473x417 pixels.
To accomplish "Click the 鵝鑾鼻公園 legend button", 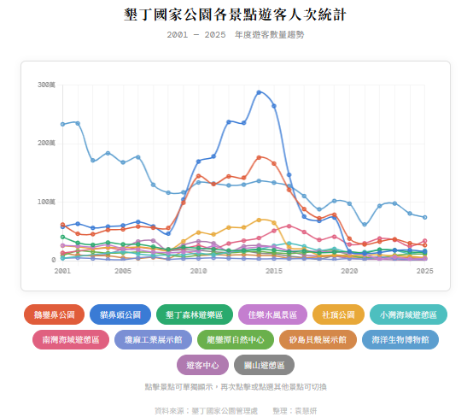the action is [x=54, y=314].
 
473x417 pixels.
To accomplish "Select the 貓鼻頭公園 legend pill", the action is [x=120, y=314].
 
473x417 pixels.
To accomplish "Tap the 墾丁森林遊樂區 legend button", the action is [x=195, y=314].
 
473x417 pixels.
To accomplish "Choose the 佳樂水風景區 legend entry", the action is [x=272, y=314].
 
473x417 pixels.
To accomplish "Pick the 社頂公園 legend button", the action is [x=338, y=314].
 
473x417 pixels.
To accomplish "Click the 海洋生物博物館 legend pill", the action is [x=400, y=340].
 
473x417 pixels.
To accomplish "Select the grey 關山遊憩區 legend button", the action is [x=264, y=365].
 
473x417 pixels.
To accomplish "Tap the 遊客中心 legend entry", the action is [x=202, y=365].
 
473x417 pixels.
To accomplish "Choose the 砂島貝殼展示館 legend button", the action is [x=318, y=340].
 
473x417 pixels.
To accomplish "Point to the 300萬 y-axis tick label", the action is [x=46, y=85].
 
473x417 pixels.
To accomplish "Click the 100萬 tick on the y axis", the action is [x=46, y=202].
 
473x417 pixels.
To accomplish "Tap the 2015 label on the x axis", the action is [x=274, y=271].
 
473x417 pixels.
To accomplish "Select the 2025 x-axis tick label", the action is [x=424, y=271].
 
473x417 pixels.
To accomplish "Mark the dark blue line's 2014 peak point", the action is [x=259, y=92].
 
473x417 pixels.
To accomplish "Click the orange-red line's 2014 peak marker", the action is [x=259, y=157].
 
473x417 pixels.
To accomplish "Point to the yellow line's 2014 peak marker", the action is [x=259, y=220].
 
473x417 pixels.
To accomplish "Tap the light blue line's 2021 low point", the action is [x=365, y=225].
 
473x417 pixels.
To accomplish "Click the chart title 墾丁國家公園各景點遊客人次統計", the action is [x=235, y=15].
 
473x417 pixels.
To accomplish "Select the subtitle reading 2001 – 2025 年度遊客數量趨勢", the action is [x=236, y=35].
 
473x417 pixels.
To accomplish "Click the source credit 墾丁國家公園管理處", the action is [x=225, y=411].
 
